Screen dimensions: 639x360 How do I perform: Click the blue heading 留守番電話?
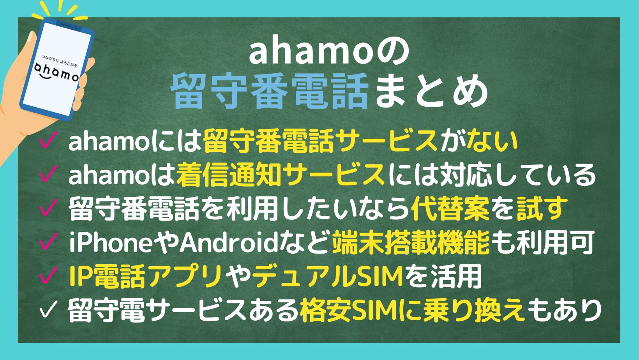click(269, 91)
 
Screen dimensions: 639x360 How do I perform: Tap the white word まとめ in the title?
click(431, 91)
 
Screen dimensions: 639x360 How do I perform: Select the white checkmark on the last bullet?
click(49, 310)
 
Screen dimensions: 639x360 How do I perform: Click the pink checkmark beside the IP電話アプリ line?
click(49, 275)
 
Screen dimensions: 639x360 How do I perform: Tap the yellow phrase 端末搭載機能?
click(411, 243)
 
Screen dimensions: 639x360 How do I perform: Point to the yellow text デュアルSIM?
click(328, 276)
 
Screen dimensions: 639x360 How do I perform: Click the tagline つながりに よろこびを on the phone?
click(60, 61)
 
